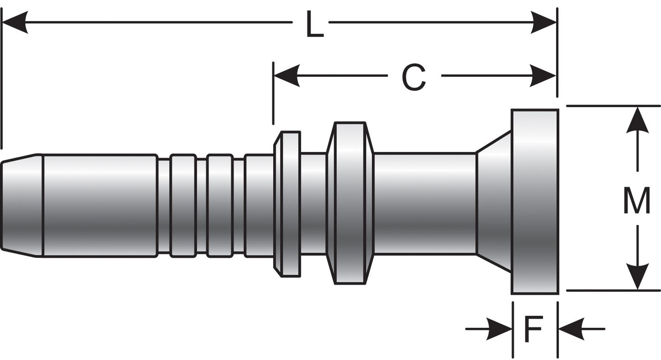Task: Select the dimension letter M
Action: pos(636,201)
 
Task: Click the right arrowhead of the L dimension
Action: pos(543,22)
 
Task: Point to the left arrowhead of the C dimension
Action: pos(286,76)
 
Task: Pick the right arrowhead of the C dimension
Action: pos(543,76)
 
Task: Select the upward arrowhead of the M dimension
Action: pos(637,120)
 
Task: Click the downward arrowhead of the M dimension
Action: pos(637,277)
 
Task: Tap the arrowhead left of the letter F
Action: pos(499,329)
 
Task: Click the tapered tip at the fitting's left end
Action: pos(22,205)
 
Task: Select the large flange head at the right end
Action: pos(534,202)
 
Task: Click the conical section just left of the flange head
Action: pos(494,203)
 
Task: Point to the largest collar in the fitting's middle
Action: pos(350,203)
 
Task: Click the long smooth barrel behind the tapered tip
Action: pos(99,205)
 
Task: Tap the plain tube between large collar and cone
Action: pos(424,203)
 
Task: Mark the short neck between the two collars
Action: pos(313,203)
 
